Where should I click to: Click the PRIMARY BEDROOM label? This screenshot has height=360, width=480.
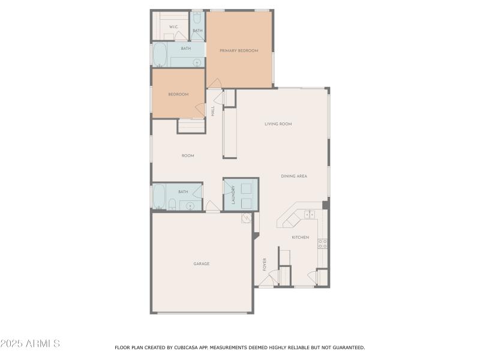[x=239, y=51]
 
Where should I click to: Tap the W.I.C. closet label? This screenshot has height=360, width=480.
[x=173, y=27]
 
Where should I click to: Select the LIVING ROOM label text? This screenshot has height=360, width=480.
[x=278, y=124]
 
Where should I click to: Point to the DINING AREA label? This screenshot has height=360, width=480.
[x=294, y=176]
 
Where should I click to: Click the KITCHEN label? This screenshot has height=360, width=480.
[x=300, y=238]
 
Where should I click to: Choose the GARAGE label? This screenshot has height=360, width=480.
[x=201, y=264]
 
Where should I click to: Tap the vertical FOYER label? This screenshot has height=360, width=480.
[x=264, y=264]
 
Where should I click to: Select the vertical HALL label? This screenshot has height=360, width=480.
[x=212, y=111]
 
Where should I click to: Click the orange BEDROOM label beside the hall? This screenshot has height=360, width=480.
[x=178, y=94]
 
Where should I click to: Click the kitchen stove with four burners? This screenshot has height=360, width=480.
[x=322, y=243]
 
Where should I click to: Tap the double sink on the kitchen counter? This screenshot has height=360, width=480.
[x=310, y=214]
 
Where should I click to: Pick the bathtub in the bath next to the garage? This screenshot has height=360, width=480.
[x=159, y=196]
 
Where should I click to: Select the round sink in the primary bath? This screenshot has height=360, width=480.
[x=196, y=62]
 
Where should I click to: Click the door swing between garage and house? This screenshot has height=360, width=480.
[x=212, y=207]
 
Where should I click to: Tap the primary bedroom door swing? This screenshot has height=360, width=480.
[x=215, y=84]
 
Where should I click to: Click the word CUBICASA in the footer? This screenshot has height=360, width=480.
[x=185, y=347]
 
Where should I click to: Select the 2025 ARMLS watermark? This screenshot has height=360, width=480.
[x=30, y=344]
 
